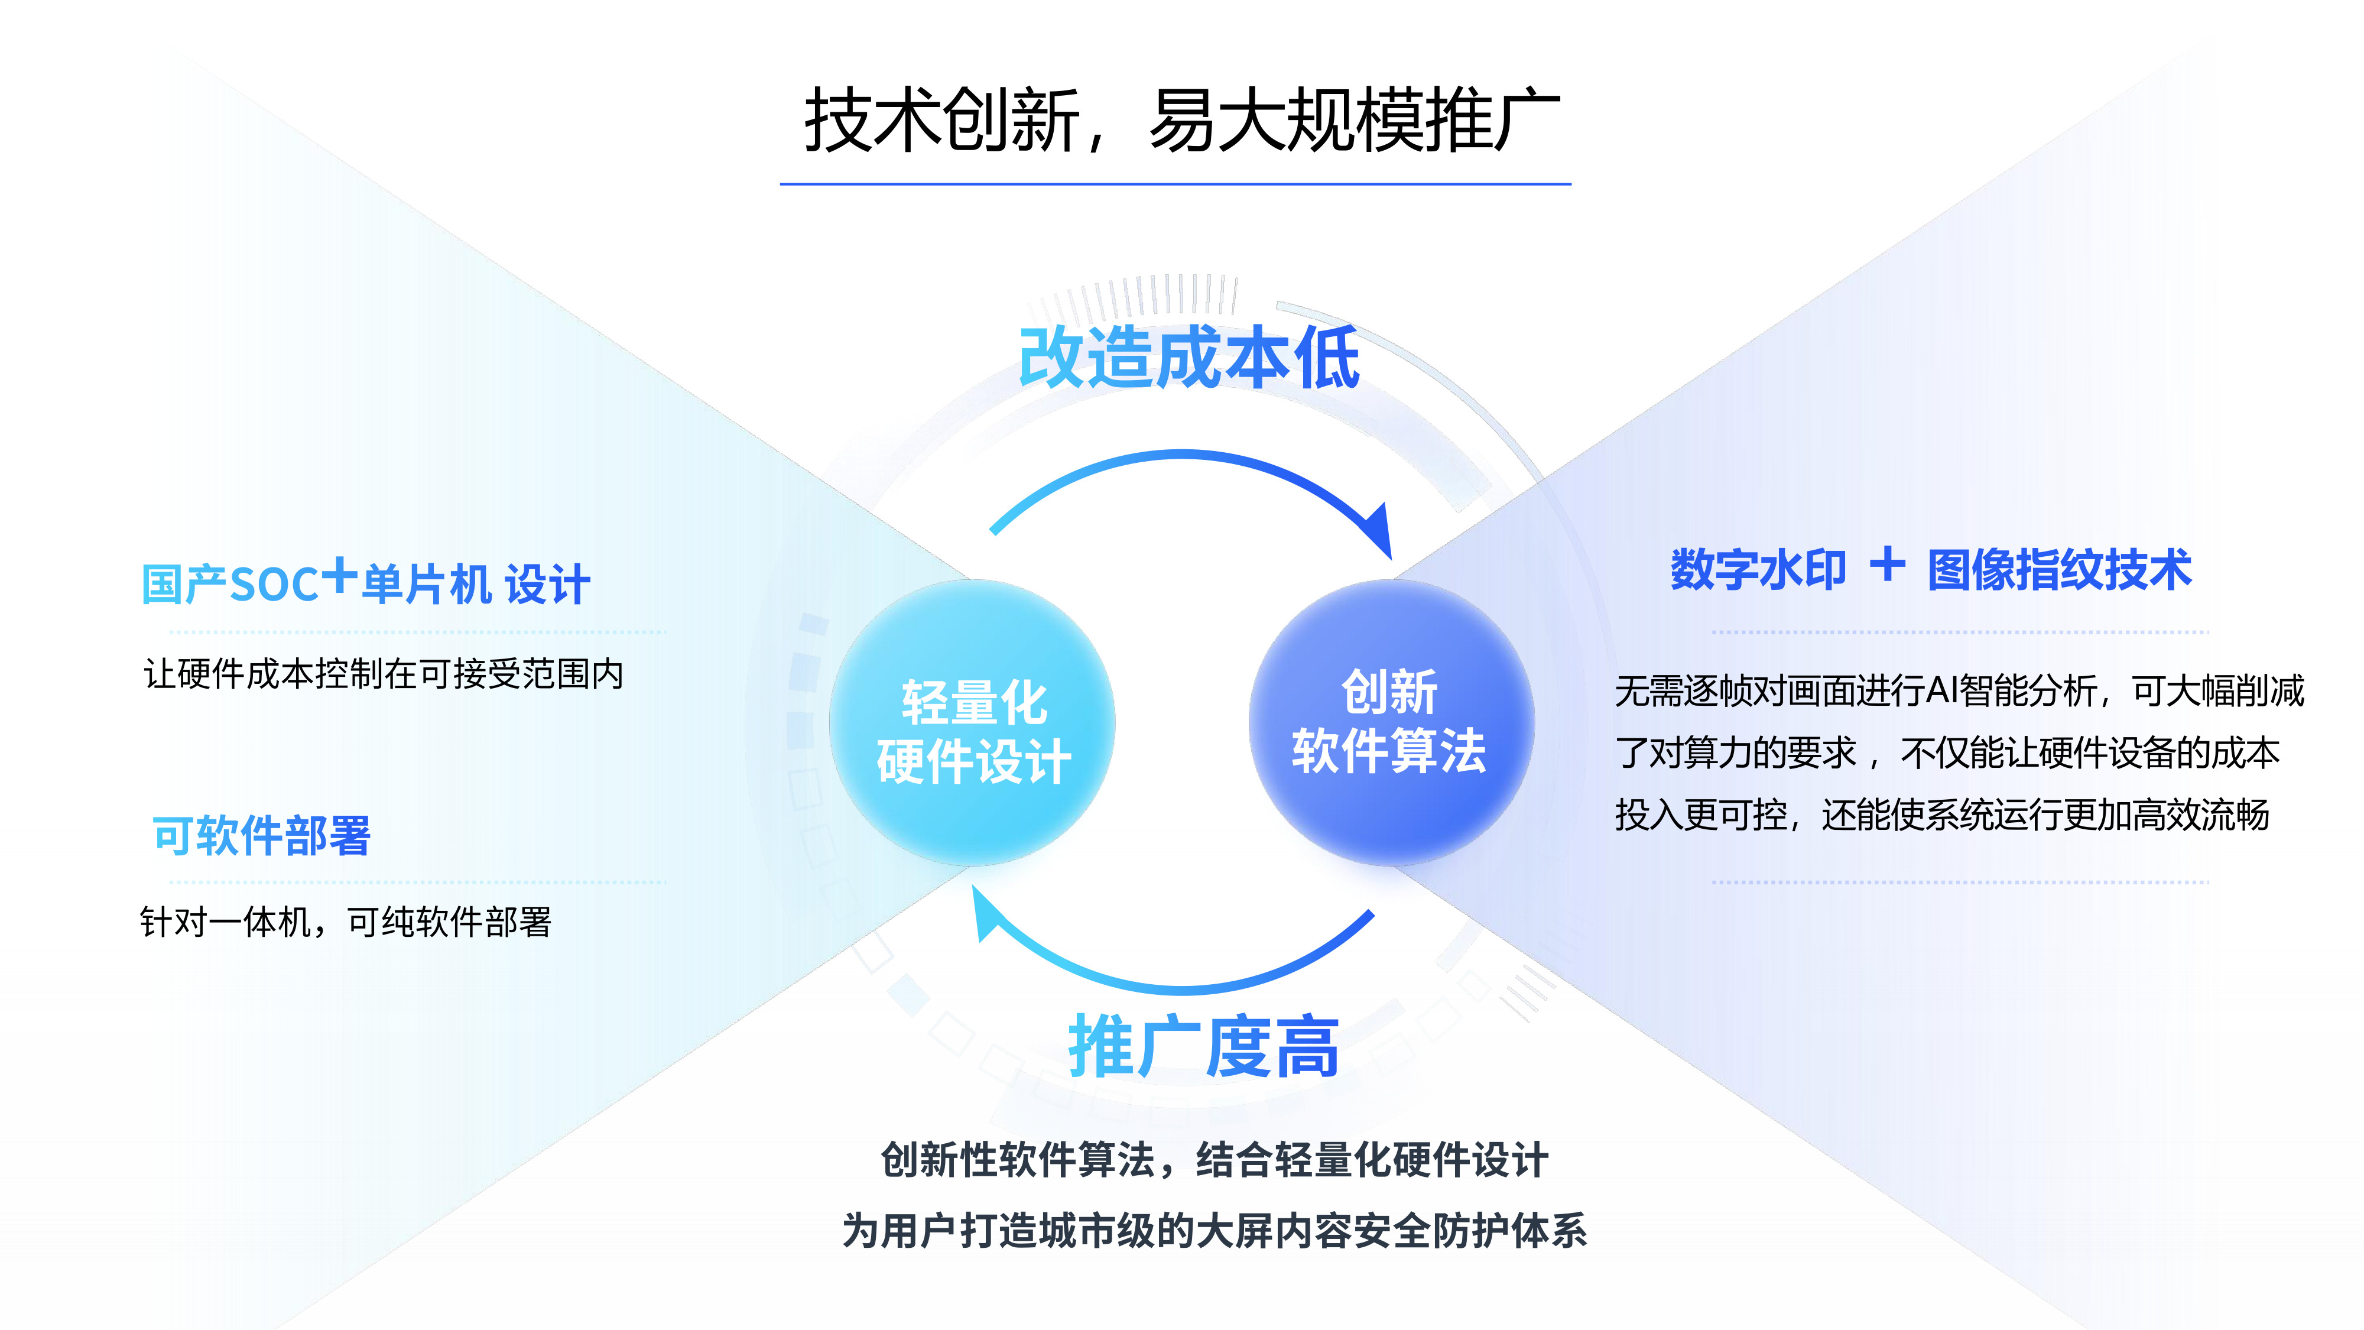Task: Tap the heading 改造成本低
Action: pyautogui.click(x=1189, y=358)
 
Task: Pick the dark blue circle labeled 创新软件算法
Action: pyautogui.click(x=1391, y=722)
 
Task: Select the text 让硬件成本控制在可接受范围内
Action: pyautogui.click(x=384, y=674)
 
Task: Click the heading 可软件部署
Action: pyautogui.click(x=262, y=836)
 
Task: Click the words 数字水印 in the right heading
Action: pyautogui.click(x=1758, y=570)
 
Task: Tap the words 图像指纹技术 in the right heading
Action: pyautogui.click(x=2059, y=570)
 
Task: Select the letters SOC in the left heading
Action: pyautogui.click(x=274, y=585)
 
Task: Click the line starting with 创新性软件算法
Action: pyautogui.click(x=1215, y=1160)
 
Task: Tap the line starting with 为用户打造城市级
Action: pyautogui.click(x=1215, y=1231)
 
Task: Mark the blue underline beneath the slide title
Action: pyautogui.click(x=1175, y=184)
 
